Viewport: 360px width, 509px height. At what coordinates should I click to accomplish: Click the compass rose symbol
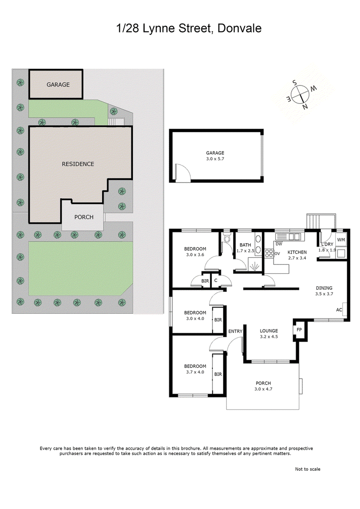[x=299, y=95]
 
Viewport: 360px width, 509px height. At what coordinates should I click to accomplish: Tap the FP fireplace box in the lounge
[x=299, y=330]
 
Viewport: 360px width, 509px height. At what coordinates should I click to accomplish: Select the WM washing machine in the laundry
[x=340, y=240]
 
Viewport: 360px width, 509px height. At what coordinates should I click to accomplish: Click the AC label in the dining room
[x=339, y=310]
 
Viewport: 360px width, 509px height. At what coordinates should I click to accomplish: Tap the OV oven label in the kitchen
[x=277, y=254]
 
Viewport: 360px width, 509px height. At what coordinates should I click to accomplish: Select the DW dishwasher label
[x=279, y=244]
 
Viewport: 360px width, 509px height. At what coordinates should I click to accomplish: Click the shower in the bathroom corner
[x=254, y=266]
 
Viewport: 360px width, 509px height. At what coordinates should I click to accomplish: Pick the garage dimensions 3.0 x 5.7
[x=215, y=159]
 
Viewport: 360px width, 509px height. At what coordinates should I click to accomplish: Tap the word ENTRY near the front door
[x=235, y=332]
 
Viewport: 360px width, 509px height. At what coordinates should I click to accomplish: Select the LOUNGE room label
[x=269, y=331]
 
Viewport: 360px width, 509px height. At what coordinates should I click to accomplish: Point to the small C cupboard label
[x=216, y=281]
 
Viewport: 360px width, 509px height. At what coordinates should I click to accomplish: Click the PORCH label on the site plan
[x=84, y=217]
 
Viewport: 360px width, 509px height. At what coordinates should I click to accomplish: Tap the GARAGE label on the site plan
[x=58, y=85]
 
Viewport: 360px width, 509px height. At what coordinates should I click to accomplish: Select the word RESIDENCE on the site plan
[x=78, y=164]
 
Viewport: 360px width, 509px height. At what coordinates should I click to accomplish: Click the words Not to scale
[x=307, y=469]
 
